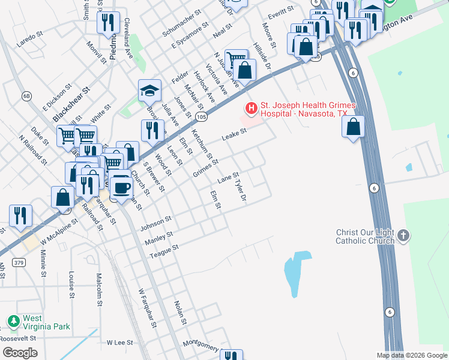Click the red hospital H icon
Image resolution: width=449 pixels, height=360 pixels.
pyautogui.click(x=250, y=109)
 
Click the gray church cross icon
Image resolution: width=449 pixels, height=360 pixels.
pyautogui.click(x=403, y=235)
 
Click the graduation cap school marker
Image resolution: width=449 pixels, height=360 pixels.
pyautogui.click(x=149, y=91)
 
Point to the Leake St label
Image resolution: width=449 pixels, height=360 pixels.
pyautogui.click(x=235, y=135)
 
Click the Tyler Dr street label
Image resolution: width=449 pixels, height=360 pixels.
pyautogui.click(x=241, y=189)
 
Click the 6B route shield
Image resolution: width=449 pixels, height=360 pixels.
pyautogui.click(x=26, y=95)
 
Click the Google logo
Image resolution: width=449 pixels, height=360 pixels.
pyautogui.click(x=20, y=352)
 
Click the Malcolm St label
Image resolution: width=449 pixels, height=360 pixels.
pyautogui.click(x=99, y=289)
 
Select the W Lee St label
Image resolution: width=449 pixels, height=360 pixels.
pyautogui.click(x=119, y=343)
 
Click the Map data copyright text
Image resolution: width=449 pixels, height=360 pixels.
pyautogui.click(x=411, y=355)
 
